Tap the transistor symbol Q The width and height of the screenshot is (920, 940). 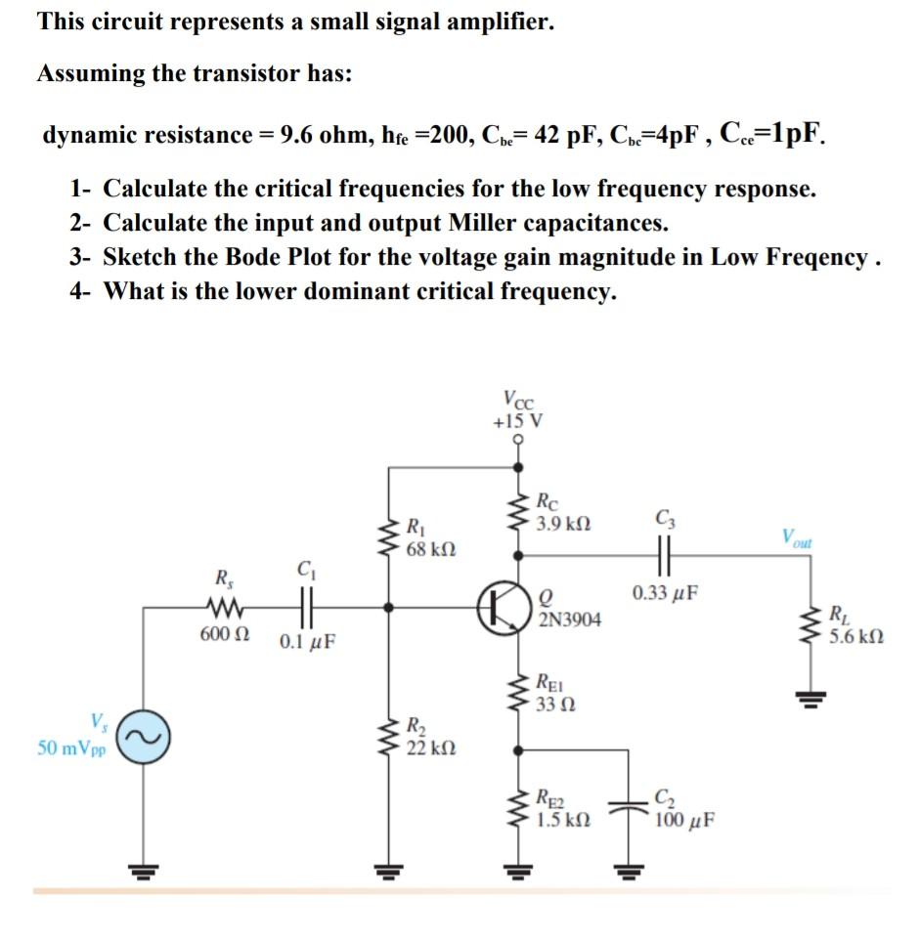pos(502,606)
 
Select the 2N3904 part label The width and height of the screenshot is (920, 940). pos(570,620)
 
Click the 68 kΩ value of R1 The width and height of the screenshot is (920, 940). pos(427,548)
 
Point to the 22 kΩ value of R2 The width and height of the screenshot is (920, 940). pos(427,748)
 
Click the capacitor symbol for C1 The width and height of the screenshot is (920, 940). pos(306,606)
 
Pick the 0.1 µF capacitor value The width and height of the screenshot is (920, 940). pos(307,643)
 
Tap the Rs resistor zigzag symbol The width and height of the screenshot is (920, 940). pos(225,607)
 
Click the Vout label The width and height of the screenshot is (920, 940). pos(796,537)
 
